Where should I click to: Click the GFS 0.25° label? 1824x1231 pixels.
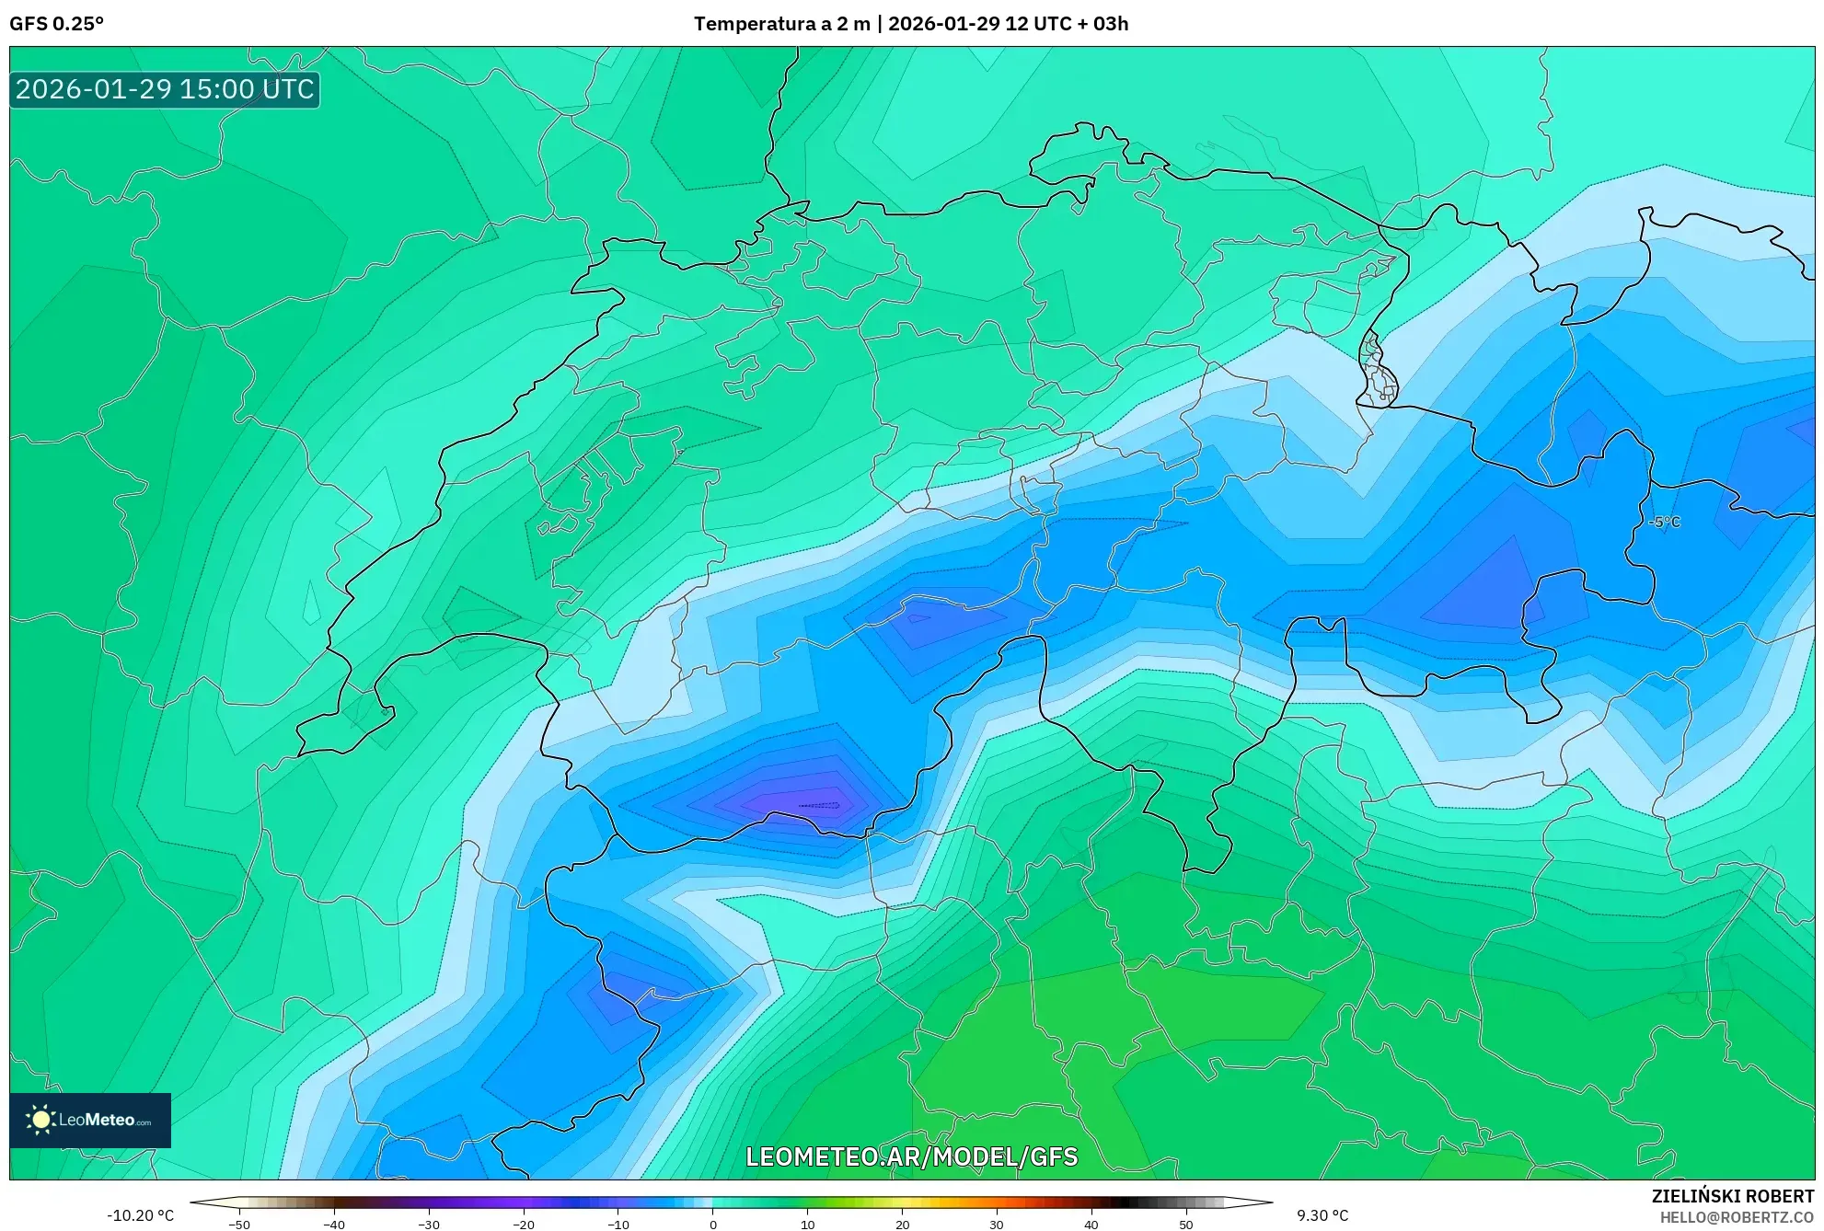coord(56,24)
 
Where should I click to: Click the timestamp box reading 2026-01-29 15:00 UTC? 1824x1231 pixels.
coord(165,90)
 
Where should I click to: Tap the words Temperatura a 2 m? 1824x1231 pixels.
coord(781,24)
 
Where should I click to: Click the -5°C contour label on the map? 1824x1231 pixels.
coord(1664,522)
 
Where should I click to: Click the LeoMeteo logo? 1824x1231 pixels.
coord(90,1120)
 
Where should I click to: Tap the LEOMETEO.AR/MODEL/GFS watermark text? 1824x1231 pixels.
coord(911,1156)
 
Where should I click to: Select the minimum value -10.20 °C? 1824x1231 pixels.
coord(140,1215)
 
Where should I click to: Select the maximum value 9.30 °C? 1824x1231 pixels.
coord(1322,1215)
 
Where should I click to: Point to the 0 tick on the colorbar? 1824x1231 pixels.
coord(712,1224)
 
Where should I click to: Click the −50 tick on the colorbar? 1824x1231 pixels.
coord(239,1224)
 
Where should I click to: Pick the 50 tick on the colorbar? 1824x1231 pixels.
coord(1185,1224)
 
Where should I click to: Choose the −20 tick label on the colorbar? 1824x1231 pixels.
coord(523,1224)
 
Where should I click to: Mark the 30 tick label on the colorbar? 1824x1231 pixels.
coord(997,1224)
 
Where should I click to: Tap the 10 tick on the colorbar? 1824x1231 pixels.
coord(807,1224)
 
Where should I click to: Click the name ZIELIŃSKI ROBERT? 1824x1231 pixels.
coord(1733,1196)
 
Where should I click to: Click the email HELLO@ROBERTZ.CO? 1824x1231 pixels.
coord(1737,1217)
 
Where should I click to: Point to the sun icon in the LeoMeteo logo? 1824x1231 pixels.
coord(40,1120)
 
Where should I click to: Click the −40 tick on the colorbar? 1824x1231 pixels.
coord(334,1224)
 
